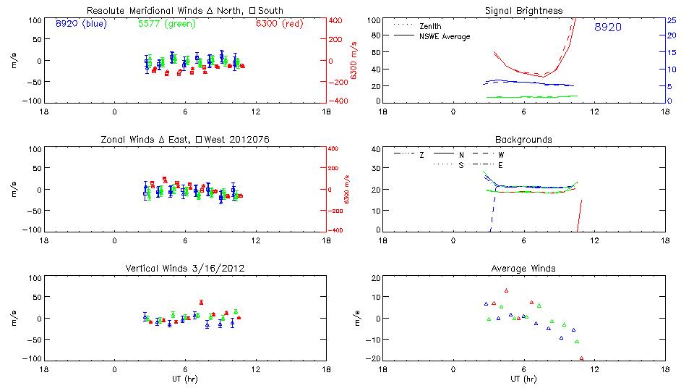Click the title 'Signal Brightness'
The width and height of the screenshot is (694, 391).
coord(523,10)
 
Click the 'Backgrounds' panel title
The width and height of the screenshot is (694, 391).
coord(523,139)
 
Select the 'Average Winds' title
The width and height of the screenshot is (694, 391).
coord(523,268)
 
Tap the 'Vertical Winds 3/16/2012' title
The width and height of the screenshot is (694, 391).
coord(185,268)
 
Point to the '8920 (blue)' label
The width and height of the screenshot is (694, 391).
coord(80,23)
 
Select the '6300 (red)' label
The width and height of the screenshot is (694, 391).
coord(277,23)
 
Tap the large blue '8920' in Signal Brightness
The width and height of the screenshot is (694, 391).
coord(608,28)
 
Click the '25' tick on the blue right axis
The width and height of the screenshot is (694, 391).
coord(671,20)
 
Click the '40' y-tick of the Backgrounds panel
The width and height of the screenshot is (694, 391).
coord(375,150)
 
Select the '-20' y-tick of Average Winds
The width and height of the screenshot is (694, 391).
coord(374,358)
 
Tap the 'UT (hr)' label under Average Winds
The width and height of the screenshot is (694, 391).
coord(523,379)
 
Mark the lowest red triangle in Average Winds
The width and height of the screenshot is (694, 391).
coord(581,358)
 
